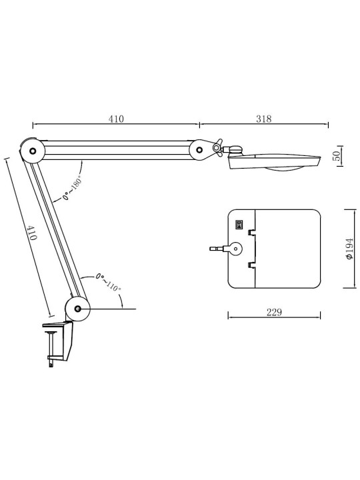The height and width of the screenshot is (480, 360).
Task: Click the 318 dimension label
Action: (263, 119)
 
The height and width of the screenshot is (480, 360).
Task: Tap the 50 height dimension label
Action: (337, 156)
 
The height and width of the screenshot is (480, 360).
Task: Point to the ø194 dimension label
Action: (349, 249)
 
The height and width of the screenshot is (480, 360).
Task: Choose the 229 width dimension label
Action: (274, 312)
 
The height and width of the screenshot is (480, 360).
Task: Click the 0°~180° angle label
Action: (72, 187)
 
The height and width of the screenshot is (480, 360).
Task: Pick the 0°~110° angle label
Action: (108, 281)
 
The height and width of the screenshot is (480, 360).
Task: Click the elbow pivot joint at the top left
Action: (33, 151)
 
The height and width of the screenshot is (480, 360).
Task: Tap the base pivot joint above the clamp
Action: (77, 309)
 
